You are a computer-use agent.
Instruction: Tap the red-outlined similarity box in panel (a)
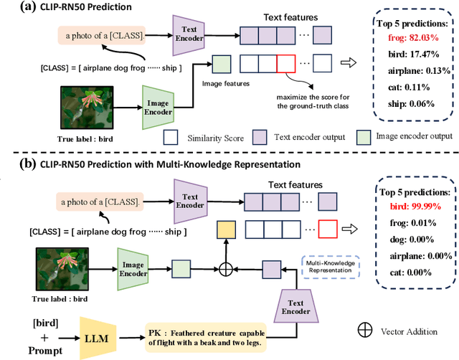coord(284,64)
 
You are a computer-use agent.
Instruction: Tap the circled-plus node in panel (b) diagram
coord(226,267)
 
